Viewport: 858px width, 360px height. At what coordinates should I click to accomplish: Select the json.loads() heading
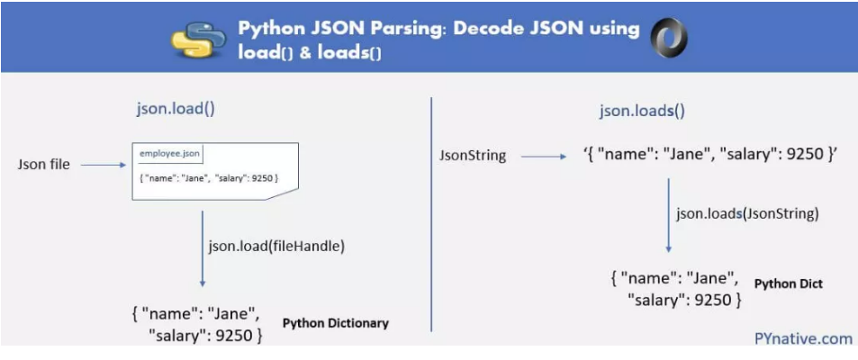coord(642,112)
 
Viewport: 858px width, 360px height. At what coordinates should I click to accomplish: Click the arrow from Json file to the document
coord(107,165)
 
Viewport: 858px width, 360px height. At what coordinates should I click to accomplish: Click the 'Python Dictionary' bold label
coord(335,322)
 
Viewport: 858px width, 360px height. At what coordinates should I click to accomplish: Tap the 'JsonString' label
coord(472,156)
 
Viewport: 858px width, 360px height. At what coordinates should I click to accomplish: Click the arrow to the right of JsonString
coord(543,156)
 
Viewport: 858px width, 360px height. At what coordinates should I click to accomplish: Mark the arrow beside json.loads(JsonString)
coord(668,215)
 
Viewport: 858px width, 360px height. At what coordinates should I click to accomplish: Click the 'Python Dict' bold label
coord(788,283)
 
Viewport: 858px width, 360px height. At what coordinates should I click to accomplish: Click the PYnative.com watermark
coord(803,338)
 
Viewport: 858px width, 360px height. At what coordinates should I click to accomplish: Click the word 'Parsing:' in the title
coord(381,28)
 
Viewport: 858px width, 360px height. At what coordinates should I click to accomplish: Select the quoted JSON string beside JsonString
coord(710,154)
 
